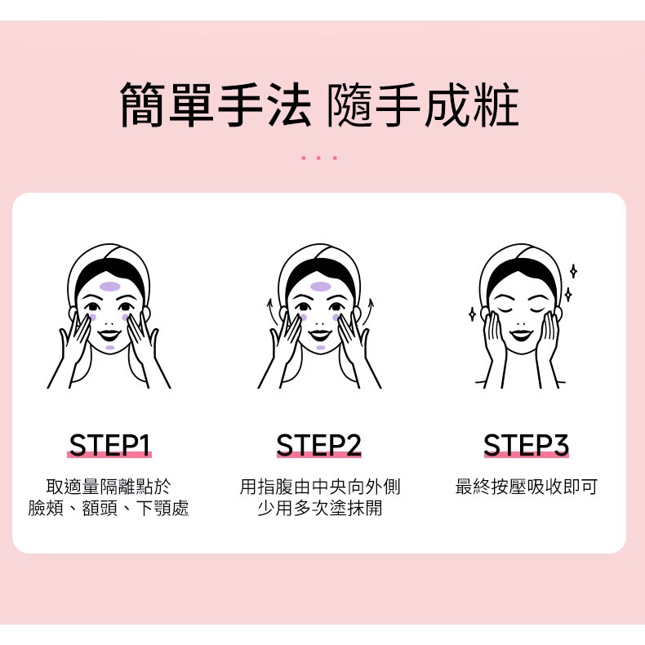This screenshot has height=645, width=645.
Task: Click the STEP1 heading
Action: [x=109, y=445]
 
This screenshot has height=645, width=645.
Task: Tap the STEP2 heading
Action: [x=318, y=445]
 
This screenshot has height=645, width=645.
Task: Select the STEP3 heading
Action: [x=526, y=445]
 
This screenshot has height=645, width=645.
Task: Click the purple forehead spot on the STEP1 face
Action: [x=110, y=287]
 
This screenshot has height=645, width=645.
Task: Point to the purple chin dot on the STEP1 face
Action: [x=110, y=348]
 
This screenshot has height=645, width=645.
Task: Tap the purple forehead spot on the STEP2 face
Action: [x=321, y=287]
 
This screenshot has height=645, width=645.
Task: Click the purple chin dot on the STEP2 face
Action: [x=320, y=348]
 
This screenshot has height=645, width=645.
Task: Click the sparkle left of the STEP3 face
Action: [x=472, y=314]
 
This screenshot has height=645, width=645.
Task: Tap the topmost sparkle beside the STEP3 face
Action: [x=573, y=271]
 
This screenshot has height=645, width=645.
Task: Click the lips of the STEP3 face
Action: [x=521, y=335]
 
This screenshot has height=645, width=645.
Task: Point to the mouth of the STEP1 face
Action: [x=109, y=335]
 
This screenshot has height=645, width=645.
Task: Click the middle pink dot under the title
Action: [x=318, y=158]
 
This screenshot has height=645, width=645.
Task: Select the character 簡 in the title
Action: [x=143, y=104]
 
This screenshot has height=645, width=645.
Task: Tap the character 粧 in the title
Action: [x=496, y=104]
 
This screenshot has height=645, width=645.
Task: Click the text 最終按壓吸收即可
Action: [x=526, y=487]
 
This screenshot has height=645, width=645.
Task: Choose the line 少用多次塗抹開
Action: [x=319, y=508]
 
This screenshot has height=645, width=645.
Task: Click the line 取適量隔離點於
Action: [x=109, y=487]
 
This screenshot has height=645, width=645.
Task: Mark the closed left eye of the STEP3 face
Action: [x=505, y=309]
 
